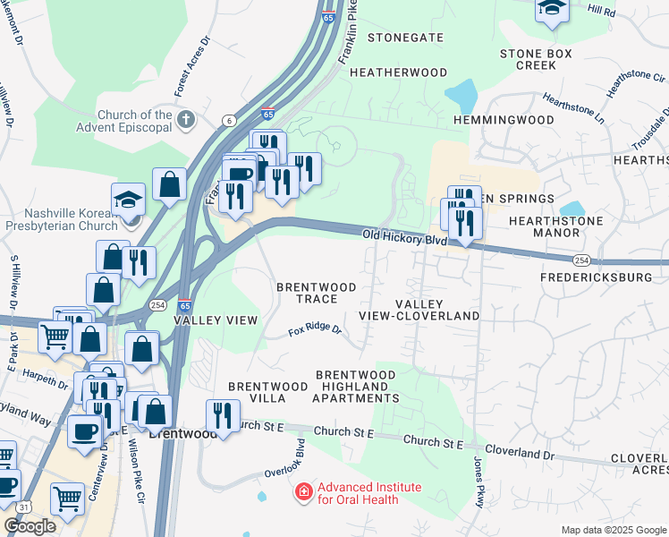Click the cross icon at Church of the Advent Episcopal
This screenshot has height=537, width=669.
[186, 119]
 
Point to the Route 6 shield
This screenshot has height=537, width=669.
[230, 120]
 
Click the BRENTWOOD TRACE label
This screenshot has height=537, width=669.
[316, 293]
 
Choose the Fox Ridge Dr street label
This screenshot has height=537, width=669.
[315, 331]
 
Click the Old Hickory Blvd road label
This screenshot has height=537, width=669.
[403, 238]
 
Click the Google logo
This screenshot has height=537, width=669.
[30, 526]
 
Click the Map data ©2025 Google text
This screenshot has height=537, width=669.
[613, 530]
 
